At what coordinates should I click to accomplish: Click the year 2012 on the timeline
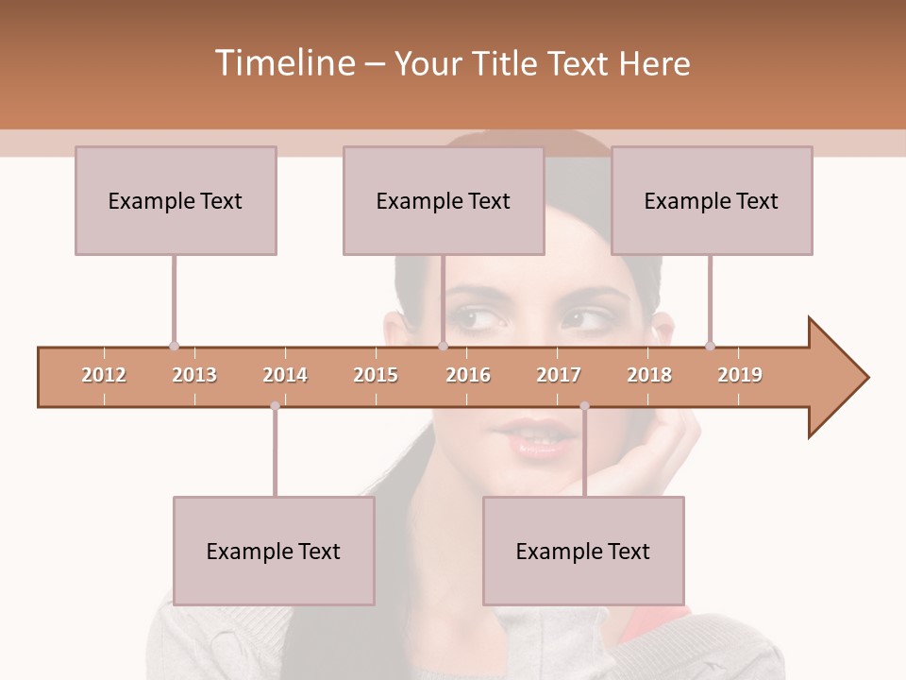(104, 375)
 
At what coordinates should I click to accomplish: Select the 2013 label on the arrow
(194, 375)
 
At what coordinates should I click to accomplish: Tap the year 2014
(285, 375)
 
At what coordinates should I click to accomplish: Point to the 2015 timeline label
(376, 375)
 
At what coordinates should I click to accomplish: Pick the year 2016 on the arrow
(468, 375)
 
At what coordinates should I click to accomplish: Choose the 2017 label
(559, 375)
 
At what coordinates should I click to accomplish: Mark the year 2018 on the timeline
(649, 375)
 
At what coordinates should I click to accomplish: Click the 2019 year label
(740, 375)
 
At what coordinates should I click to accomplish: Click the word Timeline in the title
(283, 63)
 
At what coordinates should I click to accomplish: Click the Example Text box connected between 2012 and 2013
(176, 200)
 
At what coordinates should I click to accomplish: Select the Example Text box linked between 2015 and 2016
(444, 200)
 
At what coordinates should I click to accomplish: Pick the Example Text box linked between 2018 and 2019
(712, 200)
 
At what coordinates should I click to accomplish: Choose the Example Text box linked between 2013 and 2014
(274, 551)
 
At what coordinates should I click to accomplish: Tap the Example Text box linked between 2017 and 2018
(583, 551)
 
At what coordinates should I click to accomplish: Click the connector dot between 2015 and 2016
(443, 347)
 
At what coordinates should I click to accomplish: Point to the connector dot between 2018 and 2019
(711, 347)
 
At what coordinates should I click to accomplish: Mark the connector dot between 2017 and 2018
(584, 406)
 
